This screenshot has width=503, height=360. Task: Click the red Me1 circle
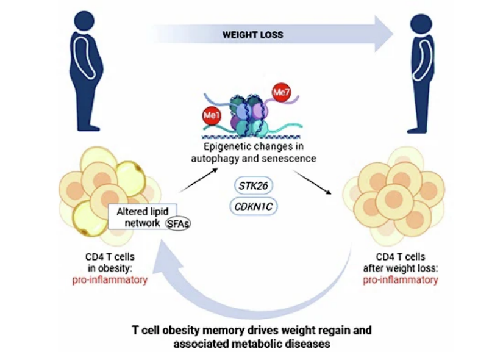pos(212,115)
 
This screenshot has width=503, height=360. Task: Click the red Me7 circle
pos(281,93)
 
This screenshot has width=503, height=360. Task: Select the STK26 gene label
pos(254,185)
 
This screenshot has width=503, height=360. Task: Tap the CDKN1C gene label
pos(254,206)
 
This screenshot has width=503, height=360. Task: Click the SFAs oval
pos(178,223)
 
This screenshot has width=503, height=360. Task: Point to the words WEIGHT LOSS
pos(253,35)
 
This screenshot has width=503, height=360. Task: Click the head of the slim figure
pos(421,24)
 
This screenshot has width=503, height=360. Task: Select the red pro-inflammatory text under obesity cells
pos(110,280)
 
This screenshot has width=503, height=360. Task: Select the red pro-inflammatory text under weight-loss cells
pos(401,280)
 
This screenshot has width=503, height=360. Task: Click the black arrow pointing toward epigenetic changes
pos(198,181)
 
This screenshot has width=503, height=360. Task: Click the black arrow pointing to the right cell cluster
pos(312,182)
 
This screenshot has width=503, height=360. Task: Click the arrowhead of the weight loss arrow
pos(384,34)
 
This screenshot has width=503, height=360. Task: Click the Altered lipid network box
pos(143,217)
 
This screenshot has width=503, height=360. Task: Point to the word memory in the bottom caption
pos(224,331)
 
